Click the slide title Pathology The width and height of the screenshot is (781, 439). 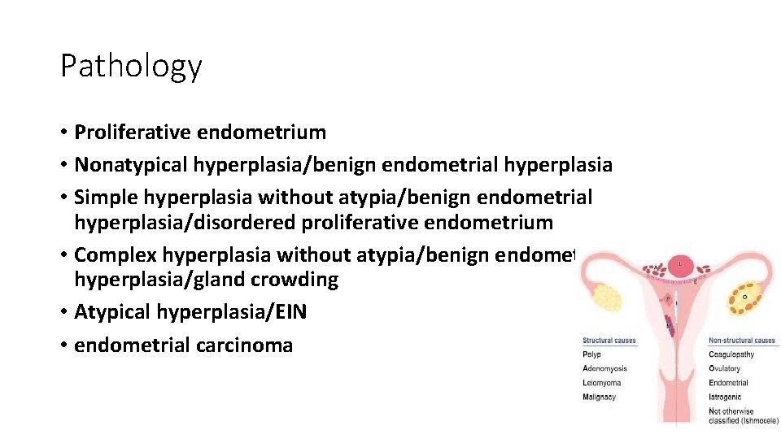pyautogui.click(x=131, y=66)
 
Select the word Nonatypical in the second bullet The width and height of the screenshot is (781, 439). pyautogui.click(x=131, y=165)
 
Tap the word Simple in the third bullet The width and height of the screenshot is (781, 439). pyautogui.click(x=104, y=198)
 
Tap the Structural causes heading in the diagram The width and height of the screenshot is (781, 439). pyautogui.click(x=609, y=341)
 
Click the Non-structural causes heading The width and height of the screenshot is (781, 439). pyautogui.click(x=742, y=341)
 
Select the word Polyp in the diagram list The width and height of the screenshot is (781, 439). pyautogui.click(x=592, y=354)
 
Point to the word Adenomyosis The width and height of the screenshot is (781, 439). pyautogui.click(x=604, y=369)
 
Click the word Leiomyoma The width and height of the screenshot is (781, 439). pyautogui.click(x=602, y=383)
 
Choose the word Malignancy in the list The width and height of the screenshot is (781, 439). pyautogui.click(x=600, y=398)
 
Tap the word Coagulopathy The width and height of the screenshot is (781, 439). pyautogui.click(x=731, y=354)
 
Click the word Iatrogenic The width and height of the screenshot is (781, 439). pyautogui.click(x=724, y=398)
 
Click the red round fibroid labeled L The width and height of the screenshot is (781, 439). pyautogui.click(x=681, y=264)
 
